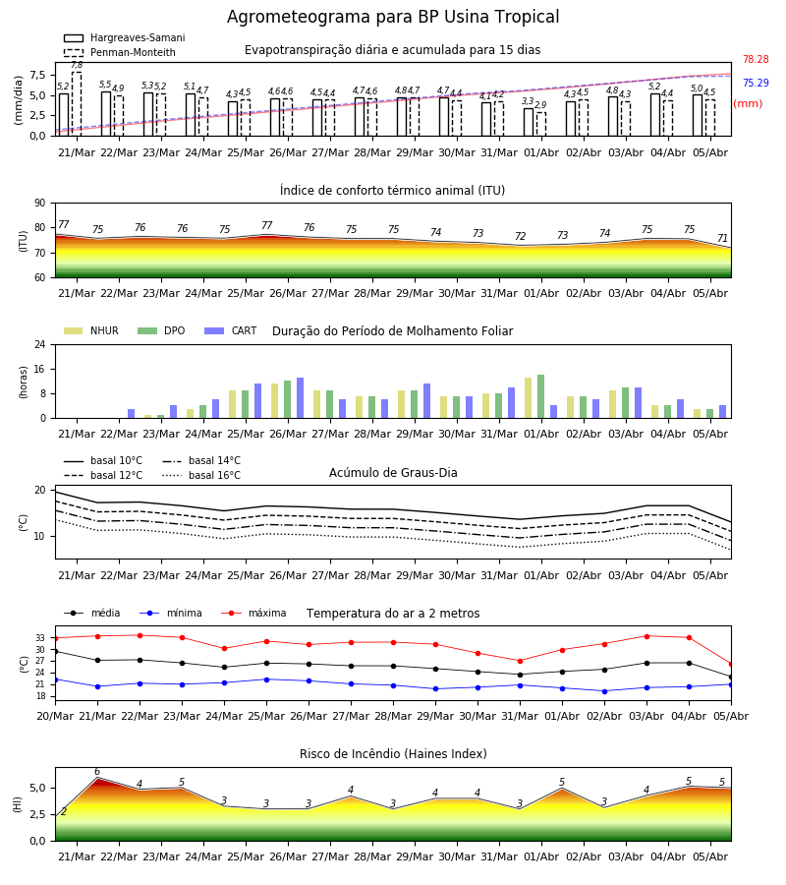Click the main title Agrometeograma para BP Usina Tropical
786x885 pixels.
[393, 17]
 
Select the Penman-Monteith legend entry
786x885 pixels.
[120, 52]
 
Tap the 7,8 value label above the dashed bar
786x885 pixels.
[77, 66]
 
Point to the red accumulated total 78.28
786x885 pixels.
[756, 59]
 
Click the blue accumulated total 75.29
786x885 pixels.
[756, 83]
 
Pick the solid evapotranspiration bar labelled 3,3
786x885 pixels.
[529, 122]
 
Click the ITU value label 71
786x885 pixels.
[722, 238]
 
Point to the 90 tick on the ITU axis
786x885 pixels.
[40, 204]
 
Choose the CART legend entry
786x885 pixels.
[231, 330]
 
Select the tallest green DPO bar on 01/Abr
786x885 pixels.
[540, 396]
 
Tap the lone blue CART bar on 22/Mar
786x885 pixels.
[132, 414]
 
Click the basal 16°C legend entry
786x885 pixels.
[201, 475]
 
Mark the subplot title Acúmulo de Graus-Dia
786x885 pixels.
[393, 473]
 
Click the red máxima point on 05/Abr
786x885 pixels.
[731, 665]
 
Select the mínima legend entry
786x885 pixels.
[171, 613]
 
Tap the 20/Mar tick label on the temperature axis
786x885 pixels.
[55, 716]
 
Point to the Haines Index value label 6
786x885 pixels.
[97, 772]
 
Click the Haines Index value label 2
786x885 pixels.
[64, 811]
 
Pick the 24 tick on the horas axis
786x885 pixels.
[40, 344]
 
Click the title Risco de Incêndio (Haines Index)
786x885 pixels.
[393, 754]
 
